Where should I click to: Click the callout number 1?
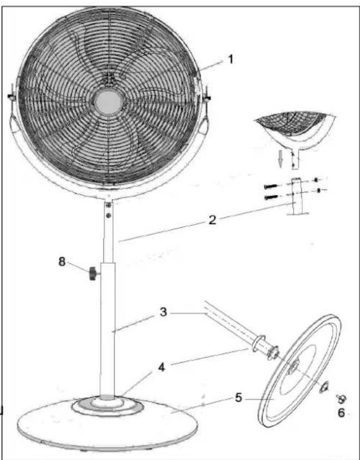coord(231,60)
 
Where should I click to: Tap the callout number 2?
coord(213,220)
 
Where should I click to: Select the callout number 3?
coord(164,312)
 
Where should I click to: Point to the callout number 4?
coord(162,366)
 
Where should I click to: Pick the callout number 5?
coord(239,397)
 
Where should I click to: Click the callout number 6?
coord(341,413)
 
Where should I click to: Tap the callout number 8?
coord(61,262)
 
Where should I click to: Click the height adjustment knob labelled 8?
coord(94,273)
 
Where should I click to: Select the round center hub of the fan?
coord(108,102)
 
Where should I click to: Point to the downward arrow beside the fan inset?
coord(281,161)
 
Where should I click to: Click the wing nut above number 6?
coord(342,398)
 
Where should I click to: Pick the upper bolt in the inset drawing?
coord(270,186)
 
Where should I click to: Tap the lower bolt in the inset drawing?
coord(270,197)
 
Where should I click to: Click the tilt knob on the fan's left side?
coord(11,95)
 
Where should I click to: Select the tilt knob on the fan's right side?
coord(207,95)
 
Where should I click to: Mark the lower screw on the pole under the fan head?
coord(109,215)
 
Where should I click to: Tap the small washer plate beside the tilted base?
coord(324,387)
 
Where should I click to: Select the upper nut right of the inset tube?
coord(316,179)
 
